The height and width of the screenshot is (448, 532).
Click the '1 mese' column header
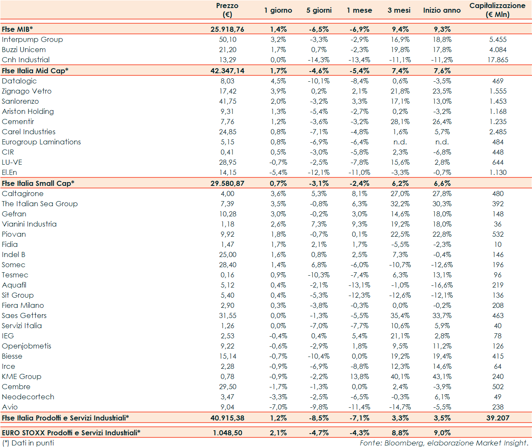coord(359,10)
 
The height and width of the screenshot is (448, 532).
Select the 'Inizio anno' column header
coord(442,10)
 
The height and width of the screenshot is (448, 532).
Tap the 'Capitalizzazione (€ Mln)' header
coord(497,10)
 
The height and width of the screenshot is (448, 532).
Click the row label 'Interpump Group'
coord(32,39)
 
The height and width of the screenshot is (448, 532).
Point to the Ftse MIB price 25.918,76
coord(227,29)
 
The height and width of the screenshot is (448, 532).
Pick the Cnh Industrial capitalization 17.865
coord(498,60)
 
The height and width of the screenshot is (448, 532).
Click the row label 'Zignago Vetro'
coord(27,91)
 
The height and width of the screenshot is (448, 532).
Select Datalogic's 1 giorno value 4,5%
coord(278,81)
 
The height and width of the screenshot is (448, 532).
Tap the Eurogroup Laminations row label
coord(41,142)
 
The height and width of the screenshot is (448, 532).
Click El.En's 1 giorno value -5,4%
coord(278,172)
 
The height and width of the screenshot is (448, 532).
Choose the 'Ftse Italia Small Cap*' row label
coord(38,183)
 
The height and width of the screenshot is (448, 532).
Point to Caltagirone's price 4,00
coord(227,194)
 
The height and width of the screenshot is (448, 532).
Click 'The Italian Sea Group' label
coord(40,204)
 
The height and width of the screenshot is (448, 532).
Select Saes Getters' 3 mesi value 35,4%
coord(400,315)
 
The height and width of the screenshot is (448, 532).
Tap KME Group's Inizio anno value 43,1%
coord(442,376)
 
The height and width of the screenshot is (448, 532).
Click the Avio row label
coord(10,407)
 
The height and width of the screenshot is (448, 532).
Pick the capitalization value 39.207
coord(498,418)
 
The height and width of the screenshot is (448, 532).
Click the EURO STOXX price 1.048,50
coord(227,433)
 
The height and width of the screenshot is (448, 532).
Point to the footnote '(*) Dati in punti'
coord(28,443)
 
